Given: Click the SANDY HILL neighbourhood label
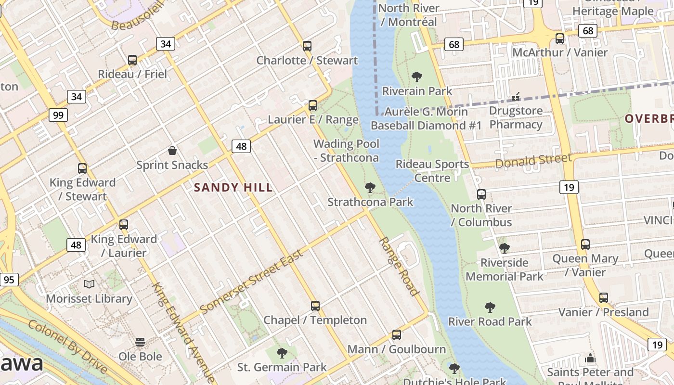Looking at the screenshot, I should (233, 188).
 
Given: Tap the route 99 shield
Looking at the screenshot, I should (58, 115).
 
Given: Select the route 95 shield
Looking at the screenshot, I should (9, 280).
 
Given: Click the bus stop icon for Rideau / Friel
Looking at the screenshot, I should (132, 60).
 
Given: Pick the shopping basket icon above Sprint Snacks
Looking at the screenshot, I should (172, 151).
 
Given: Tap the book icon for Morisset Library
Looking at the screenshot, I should (89, 284).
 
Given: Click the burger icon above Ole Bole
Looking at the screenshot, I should (140, 342).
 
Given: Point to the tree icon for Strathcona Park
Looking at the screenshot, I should (370, 188).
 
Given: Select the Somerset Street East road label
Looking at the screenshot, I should (251, 282).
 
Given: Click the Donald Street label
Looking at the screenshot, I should (533, 161).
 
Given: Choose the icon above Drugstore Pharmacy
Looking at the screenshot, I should (516, 97).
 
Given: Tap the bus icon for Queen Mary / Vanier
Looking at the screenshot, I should (585, 244).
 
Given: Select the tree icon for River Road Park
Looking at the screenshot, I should (490, 307).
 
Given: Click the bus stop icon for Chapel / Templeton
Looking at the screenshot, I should (315, 306).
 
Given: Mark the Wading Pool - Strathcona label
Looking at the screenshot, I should (346, 151).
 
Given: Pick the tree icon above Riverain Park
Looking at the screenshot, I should (417, 77).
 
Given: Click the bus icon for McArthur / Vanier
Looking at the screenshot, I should (560, 38).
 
